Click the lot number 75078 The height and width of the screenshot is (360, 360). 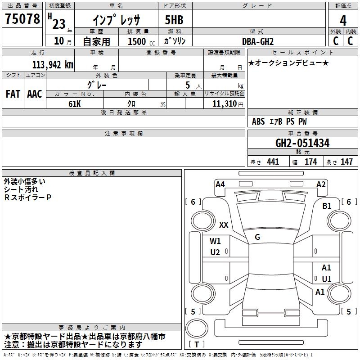(x=22, y=18)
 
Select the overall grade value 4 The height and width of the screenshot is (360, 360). (x=343, y=21)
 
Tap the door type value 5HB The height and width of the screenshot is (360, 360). (x=174, y=20)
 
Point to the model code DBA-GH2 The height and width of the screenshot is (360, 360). (x=258, y=41)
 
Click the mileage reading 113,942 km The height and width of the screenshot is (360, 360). (x=53, y=65)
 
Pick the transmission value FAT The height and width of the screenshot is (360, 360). (x=13, y=94)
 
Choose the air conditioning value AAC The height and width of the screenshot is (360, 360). (x=35, y=94)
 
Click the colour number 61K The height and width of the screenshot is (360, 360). (x=75, y=104)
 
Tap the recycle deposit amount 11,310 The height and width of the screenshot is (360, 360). (x=225, y=104)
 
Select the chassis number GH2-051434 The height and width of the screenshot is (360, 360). (x=302, y=143)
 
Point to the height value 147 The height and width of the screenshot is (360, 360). (x=346, y=162)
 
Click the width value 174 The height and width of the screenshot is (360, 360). (x=310, y=162)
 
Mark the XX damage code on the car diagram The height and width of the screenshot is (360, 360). (x=224, y=225)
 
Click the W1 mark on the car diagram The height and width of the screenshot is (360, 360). (x=215, y=241)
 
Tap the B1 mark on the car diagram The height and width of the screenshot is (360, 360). (x=327, y=206)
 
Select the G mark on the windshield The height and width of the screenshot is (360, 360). (x=257, y=237)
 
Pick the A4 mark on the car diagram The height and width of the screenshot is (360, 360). (x=220, y=184)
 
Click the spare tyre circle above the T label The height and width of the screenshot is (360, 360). (x=197, y=328)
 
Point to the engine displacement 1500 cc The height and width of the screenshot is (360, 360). (x=141, y=41)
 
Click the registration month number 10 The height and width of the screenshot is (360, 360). (x=59, y=41)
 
